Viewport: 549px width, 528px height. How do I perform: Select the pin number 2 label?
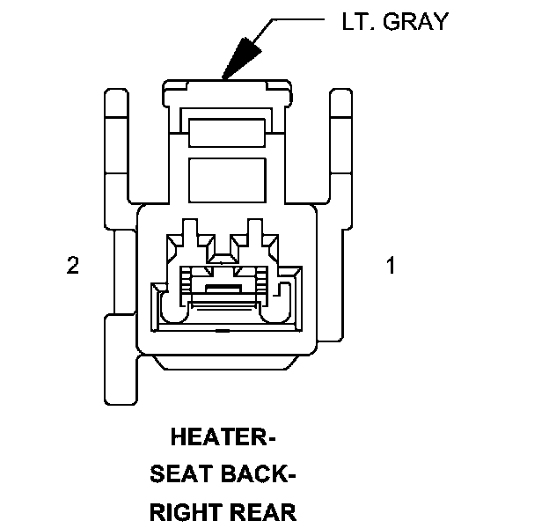pos(73,266)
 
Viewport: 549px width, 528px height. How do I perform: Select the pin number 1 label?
pos(391,266)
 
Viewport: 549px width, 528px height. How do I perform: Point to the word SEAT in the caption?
pos(180,475)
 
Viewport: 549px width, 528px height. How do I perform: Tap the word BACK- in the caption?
pos(255,475)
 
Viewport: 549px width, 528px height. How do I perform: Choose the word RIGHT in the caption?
pos(188,513)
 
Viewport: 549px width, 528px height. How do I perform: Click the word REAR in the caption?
pos(263,513)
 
